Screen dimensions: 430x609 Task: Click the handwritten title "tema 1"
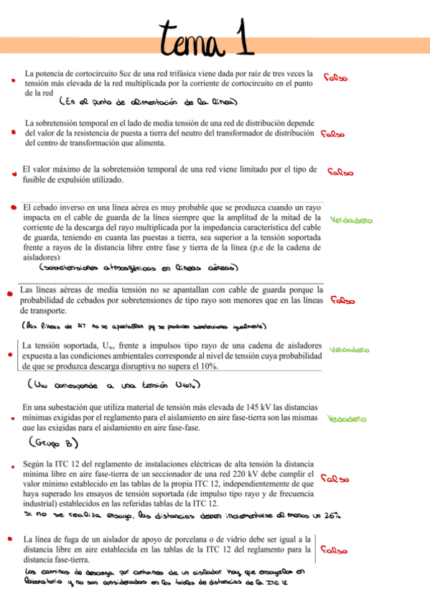tap(207, 37)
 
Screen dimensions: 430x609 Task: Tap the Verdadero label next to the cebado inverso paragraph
tap(351, 220)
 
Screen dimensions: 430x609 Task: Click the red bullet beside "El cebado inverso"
tap(14, 206)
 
